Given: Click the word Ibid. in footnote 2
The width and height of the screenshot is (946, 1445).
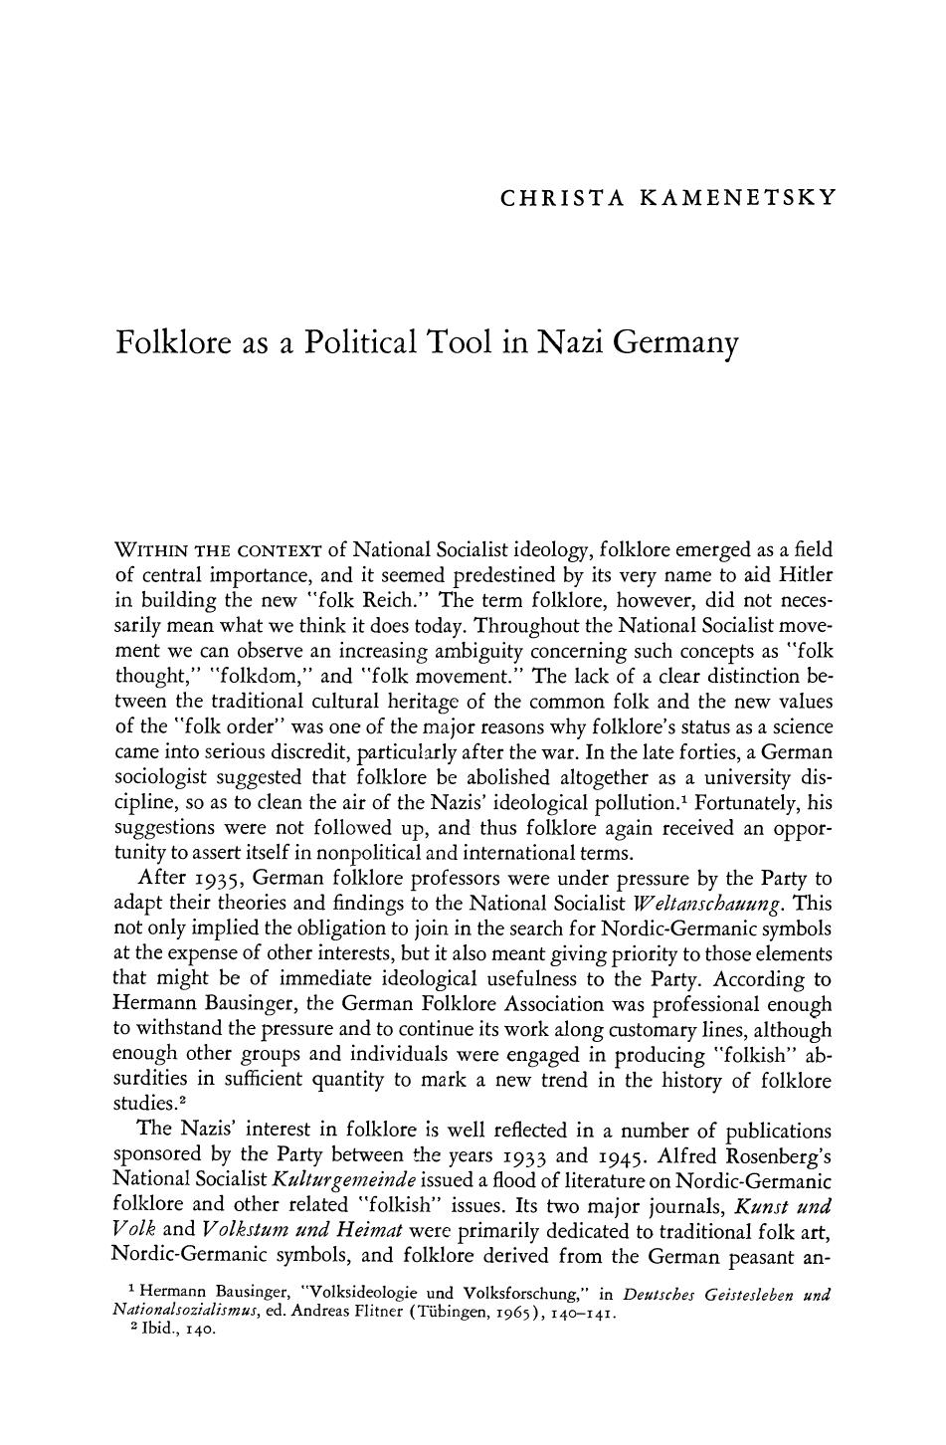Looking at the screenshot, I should [160, 1330].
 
